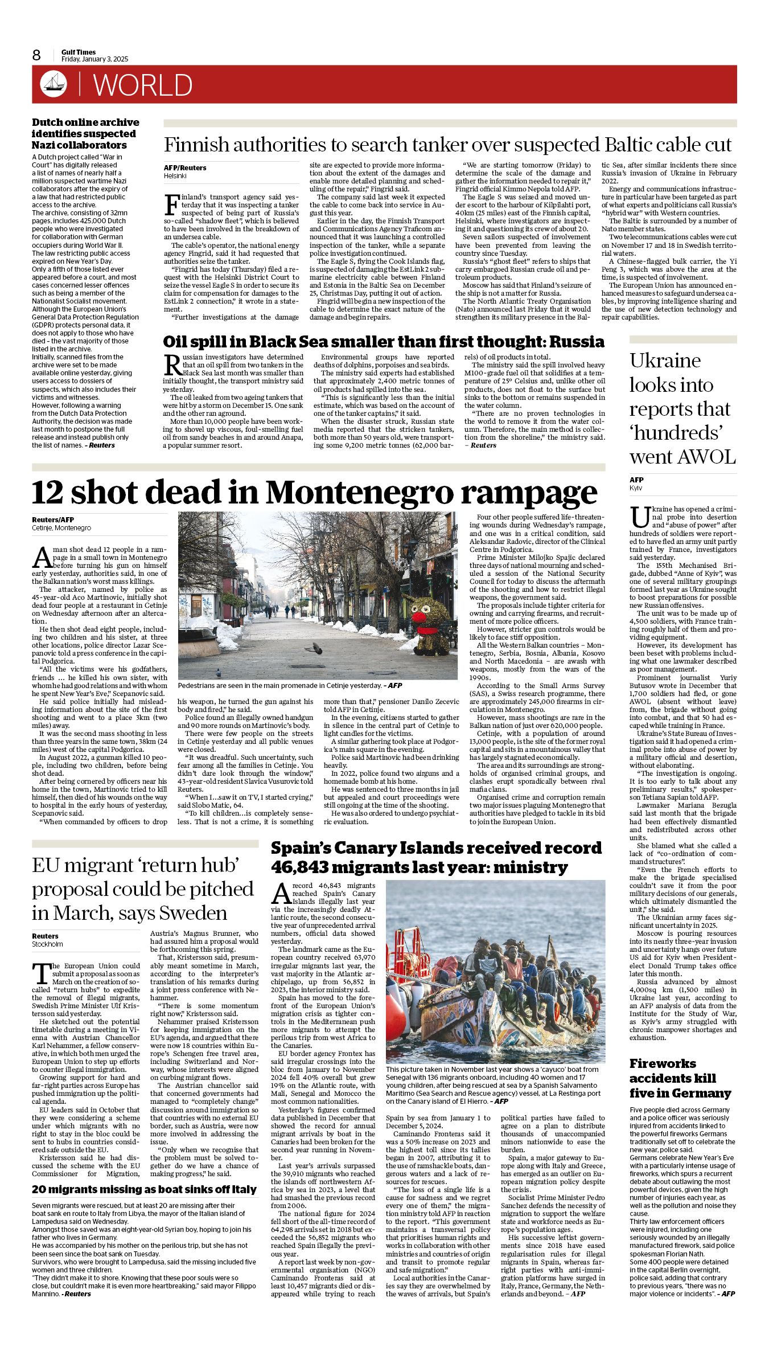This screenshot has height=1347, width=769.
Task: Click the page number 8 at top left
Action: pos(36,55)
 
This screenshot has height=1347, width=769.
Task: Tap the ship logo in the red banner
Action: pos(54,84)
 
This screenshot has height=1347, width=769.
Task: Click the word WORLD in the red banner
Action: pos(142,85)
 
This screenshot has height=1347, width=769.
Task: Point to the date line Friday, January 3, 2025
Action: pos(94,59)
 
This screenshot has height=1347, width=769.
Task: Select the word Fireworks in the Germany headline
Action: pos(663,1063)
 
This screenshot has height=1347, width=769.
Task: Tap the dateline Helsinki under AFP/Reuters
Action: pos(175,176)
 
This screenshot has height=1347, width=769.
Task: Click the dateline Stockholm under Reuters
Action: pos(47,944)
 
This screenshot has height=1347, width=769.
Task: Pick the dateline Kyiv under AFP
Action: pos(635,488)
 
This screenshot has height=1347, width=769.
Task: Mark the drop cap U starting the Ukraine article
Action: pos(640,517)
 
